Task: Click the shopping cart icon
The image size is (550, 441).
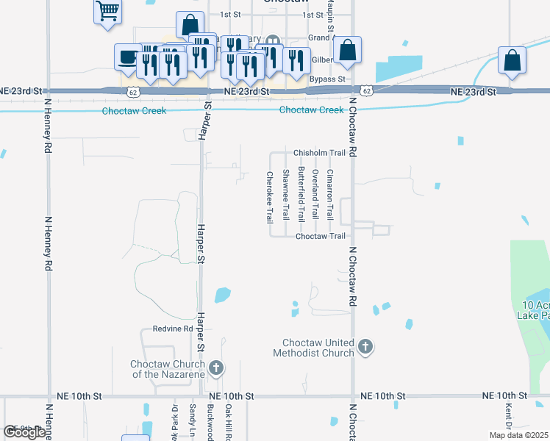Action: coord(107,11)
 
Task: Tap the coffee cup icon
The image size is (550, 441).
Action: coord(127,57)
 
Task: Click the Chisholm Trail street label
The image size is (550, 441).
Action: coord(319,153)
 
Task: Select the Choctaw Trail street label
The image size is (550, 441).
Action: coord(320,236)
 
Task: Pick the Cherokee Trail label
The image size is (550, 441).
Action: coord(270,197)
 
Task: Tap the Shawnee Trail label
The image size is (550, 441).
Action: coord(285,195)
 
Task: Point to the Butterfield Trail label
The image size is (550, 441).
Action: coord(301,193)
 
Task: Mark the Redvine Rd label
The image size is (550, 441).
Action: coord(172,329)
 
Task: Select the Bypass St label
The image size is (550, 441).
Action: coord(327,79)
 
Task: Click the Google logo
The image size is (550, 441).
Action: coord(24,432)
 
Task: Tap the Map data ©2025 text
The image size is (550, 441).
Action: coord(519,435)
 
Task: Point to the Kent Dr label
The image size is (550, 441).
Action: coord(508,415)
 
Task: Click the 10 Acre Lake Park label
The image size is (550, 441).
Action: coord(536,309)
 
